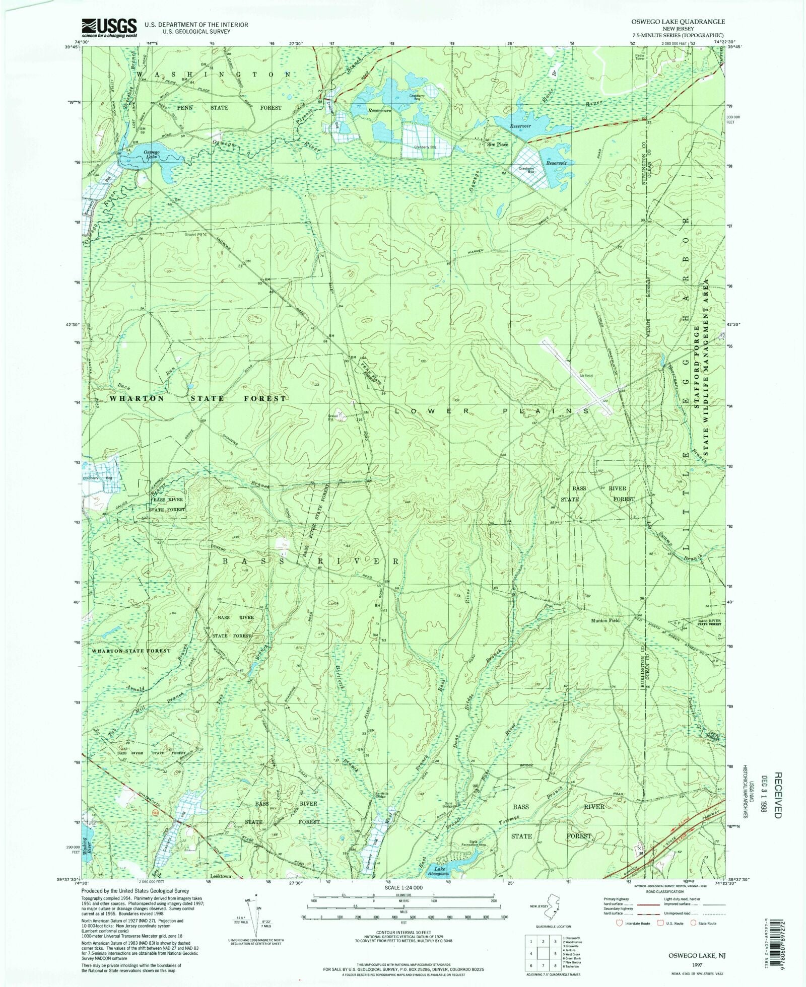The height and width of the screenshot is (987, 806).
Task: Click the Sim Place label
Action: coord(497,145)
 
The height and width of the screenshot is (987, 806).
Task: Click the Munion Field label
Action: coord(605,620)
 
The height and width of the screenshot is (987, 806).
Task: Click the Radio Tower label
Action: coord(640,57)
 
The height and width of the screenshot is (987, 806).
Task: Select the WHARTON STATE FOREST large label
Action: coord(197,398)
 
